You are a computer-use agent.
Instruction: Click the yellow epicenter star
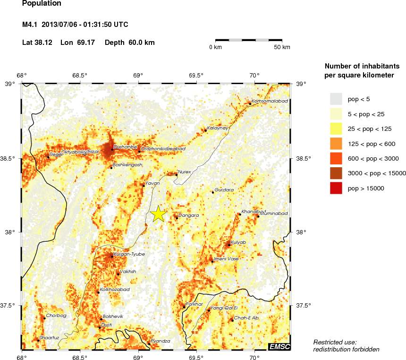coord(159,214)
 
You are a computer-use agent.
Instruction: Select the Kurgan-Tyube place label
coord(129,254)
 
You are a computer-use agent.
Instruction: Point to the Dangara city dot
coord(177,218)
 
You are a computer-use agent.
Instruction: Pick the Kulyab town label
coord(238,242)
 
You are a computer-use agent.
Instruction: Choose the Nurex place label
coord(185,172)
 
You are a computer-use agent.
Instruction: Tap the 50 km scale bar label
coord(282,47)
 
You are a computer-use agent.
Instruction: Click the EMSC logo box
coord(279,347)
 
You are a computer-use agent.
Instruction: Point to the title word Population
coord(42,4)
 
